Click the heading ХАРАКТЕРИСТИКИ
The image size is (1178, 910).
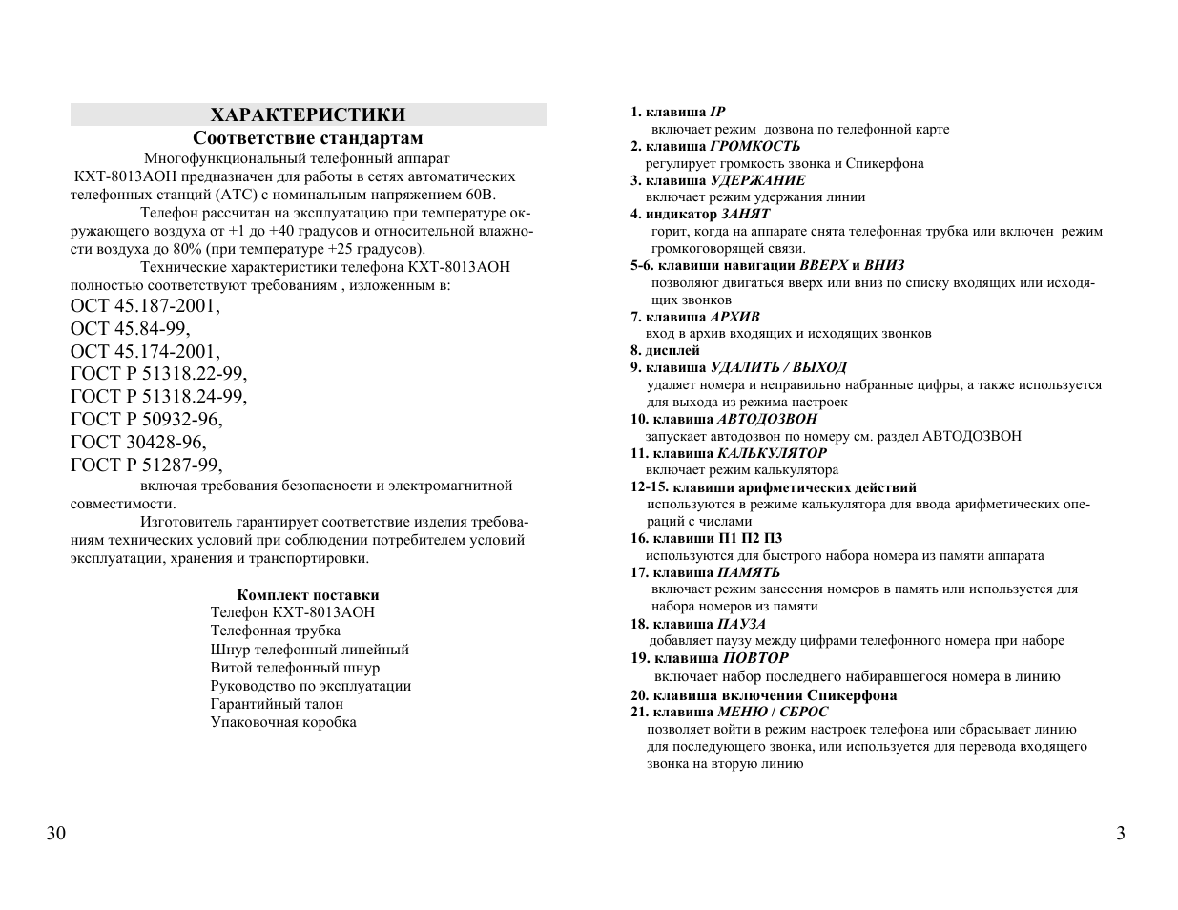pos(307,115)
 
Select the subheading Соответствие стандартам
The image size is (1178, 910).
pos(307,138)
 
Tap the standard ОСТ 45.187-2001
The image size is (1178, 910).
pos(145,306)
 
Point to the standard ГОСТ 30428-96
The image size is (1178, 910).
pos(138,442)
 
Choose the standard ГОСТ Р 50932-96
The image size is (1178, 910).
pos(146,419)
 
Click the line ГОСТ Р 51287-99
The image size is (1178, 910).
pos(146,465)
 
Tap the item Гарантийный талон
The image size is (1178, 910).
pos(277,704)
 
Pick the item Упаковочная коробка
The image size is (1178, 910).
pos(283,722)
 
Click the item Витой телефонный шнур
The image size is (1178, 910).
pos(295,668)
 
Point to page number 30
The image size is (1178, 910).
pos(56,834)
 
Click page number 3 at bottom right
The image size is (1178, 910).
pos(1121,834)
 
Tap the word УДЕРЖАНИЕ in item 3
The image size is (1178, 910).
pos(757,180)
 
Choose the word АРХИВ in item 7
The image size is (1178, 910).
pos(734,317)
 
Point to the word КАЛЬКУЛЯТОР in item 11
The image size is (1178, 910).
pos(772,453)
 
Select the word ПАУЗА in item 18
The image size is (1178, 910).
pos(741,624)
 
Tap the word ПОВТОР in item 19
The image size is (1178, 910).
pos(755,658)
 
